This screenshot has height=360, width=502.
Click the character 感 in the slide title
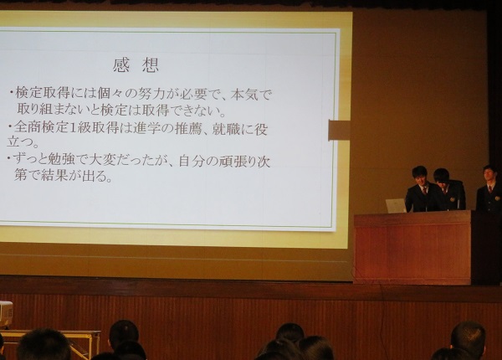(x=121, y=65)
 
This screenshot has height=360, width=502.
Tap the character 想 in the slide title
(x=151, y=65)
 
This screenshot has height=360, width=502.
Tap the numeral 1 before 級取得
(x=74, y=128)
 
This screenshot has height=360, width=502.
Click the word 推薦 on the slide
(x=188, y=129)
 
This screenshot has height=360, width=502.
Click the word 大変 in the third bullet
(x=102, y=160)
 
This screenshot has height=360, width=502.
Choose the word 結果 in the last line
(x=54, y=176)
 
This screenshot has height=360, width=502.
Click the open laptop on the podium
(x=396, y=205)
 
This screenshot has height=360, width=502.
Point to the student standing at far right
(x=489, y=193)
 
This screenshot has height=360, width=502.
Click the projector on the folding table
(x=6, y=314)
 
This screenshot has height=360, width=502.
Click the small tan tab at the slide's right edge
(x=340, y=131)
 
